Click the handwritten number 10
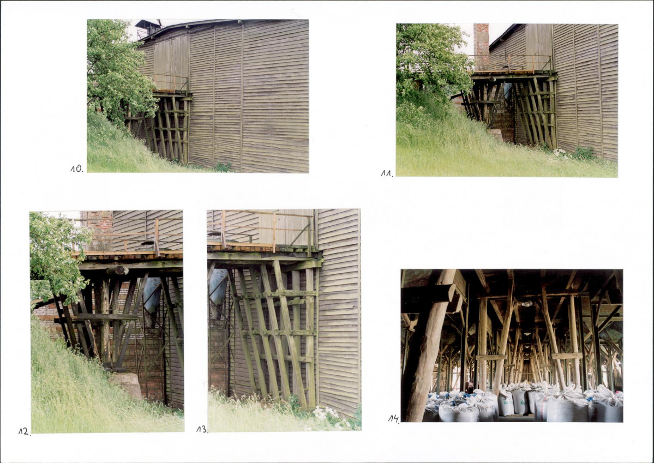coord(76,169)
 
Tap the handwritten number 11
coord(387,173)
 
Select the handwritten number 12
coord(24,431)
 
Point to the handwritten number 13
coord(202,429)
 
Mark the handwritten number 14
coord(393,418)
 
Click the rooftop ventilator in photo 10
coord(148,28)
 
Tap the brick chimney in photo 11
coord(481,46)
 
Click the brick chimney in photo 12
coord(99,230)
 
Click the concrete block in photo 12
coord(127,384)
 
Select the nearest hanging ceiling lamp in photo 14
coord(527,304)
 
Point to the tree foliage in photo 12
coord(56,255)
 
